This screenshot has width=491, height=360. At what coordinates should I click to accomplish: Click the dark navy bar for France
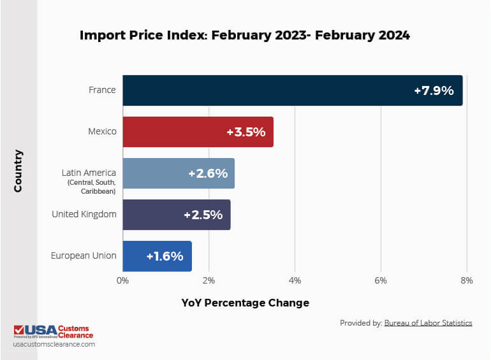pyautogui.click(x=268, y=90)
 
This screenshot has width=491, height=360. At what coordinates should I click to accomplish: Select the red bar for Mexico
pyautogui.click(x=179, y=132)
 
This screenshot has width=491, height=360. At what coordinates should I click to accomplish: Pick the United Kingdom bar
pyautogui.click(x=153, y=215)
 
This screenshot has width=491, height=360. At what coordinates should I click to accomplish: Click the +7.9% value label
pyautogui.click(x=434, y=90)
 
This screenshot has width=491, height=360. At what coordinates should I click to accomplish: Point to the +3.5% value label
pyautogui.click(x=246, y=133)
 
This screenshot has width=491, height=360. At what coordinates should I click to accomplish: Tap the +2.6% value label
pyautogui.click(x=208, y=173)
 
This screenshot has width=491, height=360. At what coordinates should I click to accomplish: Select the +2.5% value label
pyautogui.click(x=203, y=215)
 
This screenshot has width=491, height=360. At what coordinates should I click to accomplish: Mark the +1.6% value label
pyautogui.click(x=165, y=256)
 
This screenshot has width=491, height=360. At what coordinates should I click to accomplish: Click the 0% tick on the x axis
pyautogui.click(x=122, y=280)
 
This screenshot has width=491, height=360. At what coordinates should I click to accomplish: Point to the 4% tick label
pyautogui.click(x=295, y=280)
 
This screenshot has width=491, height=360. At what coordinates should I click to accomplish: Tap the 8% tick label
pyautogui.click(x=466, y=280)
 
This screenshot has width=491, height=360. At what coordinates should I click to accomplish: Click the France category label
pyautogui.click(x=102, y=90)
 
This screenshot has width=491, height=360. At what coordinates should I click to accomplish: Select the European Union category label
pyautogui.click(x=84, y=256)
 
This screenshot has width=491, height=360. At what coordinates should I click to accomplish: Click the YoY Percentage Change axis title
pyautogui.click(x=245, y=303)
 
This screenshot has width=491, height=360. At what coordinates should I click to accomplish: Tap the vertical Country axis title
pyautogui.click(x=18, y=171)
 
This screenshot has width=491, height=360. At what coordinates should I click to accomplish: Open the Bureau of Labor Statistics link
pyautogui.click(x=428, y=323)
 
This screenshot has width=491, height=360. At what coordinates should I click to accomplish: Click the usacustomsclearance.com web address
pyautogui.click(x=54, y=344)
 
